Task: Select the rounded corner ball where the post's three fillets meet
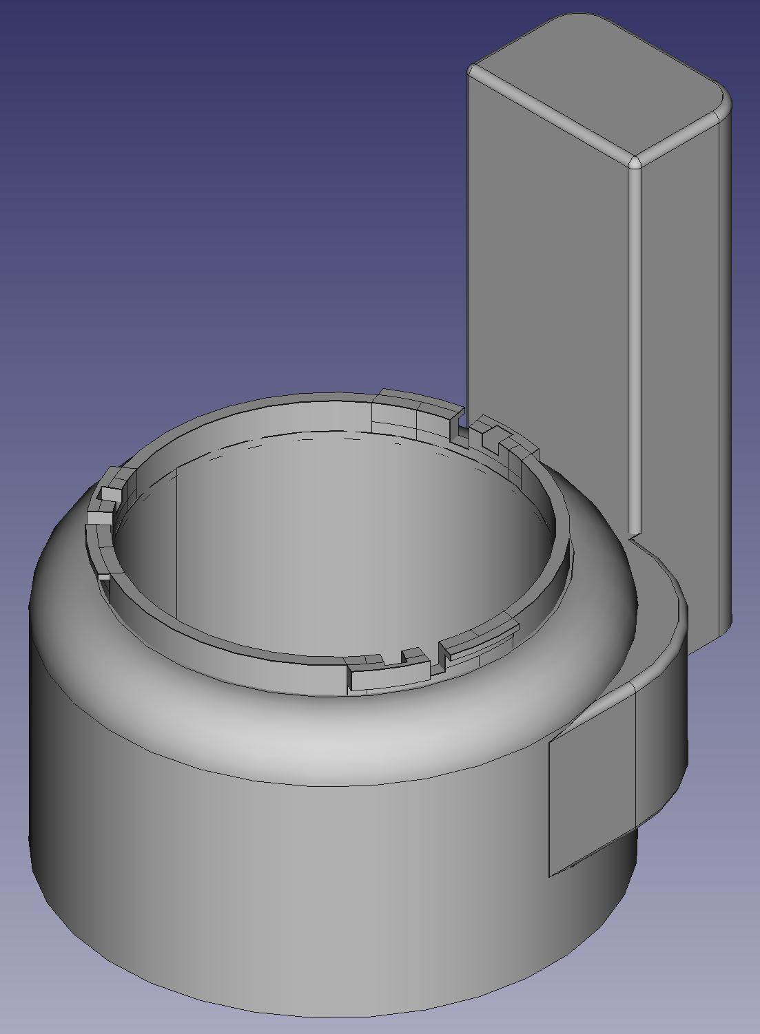click(x=635, y=162)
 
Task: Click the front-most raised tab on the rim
click(x=372, y=675)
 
